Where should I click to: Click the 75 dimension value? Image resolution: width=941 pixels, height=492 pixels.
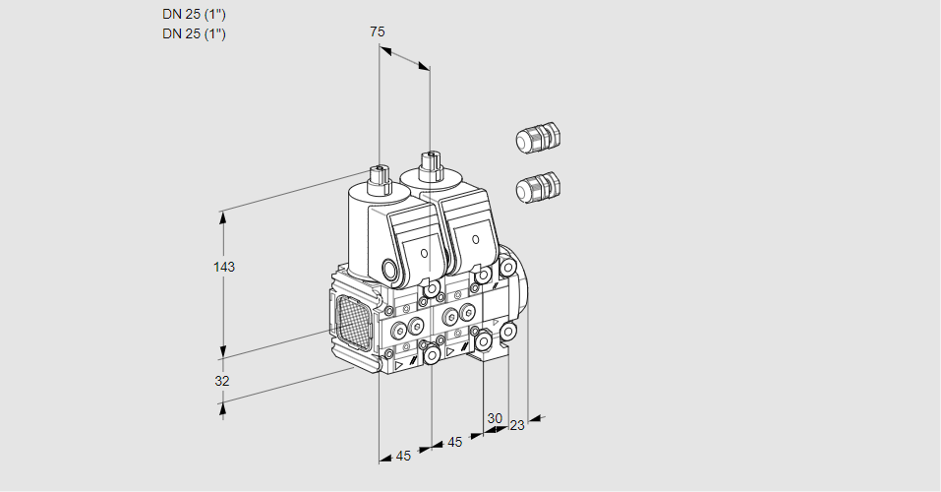click(378, 31)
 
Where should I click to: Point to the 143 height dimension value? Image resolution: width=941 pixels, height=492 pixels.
click(225, 267)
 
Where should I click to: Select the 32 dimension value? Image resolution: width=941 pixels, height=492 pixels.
click(222, 380)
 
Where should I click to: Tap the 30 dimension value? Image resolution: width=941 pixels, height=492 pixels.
click(494, 418)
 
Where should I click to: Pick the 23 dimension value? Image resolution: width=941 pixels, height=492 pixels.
click(517, 425)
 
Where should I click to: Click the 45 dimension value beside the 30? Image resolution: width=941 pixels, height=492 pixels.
click(454, 442)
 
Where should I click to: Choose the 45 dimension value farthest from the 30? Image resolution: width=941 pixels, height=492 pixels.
click(403, 456)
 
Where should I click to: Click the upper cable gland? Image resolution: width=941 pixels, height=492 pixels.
click(537, 139)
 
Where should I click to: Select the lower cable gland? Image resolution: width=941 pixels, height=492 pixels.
click(537, 186)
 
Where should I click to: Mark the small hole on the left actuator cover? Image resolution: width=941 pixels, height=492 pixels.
click(424, 254)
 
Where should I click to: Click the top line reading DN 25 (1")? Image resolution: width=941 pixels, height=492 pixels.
click(194, 15)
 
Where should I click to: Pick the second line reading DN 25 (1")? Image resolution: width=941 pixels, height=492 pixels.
click(194, 33)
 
